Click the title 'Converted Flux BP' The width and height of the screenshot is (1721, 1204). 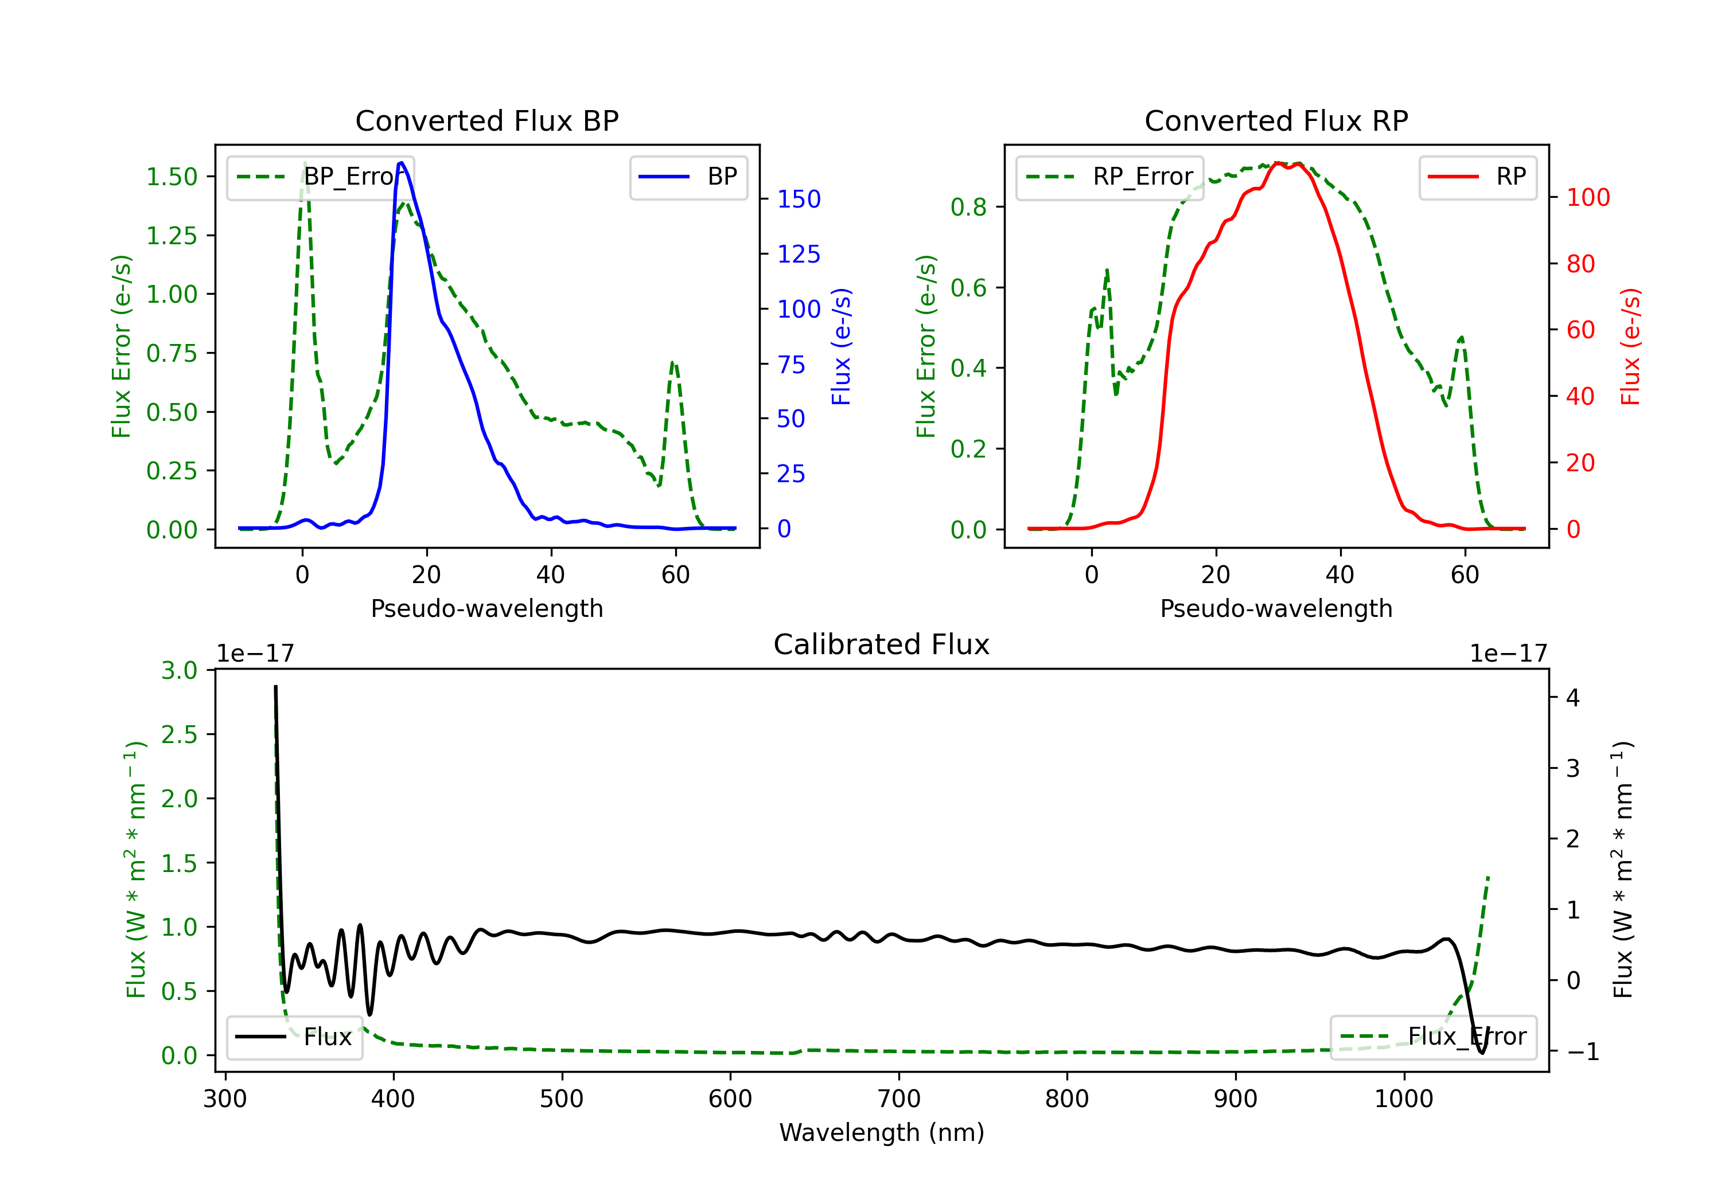coord(487,120)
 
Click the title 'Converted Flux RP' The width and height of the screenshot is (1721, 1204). coord(1276,120)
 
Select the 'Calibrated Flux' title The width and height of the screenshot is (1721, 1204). coord(882,644)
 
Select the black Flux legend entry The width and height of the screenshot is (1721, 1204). coord(295,1038)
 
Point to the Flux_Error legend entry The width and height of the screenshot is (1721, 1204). coord(1433,1038)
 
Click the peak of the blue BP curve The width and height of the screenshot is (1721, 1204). coord(401,163)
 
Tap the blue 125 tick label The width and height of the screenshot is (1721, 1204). coord(799,255)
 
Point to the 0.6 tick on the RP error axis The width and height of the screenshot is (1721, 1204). coord(968,288)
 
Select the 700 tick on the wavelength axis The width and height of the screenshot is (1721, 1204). coord(899,1099)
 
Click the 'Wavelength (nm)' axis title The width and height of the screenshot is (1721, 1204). coord(882,1132)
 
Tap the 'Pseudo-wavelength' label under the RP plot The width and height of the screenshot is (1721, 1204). coord(1276,608)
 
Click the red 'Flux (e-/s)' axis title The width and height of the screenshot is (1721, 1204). coord(1630,347)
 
